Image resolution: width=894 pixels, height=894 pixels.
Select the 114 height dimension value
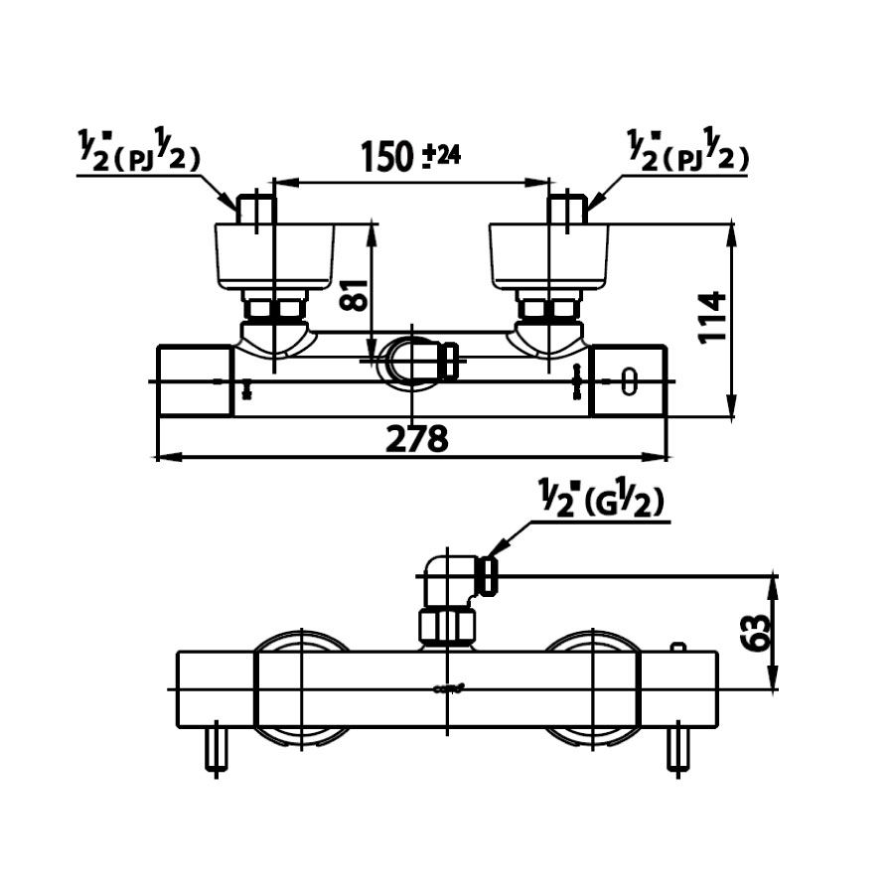pyautogui.click(x=713, y=317)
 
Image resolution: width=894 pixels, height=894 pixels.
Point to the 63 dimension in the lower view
pyautogui.click(x=757, y=631)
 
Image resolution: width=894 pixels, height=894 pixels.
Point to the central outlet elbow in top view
pyautogui.click(x=417, y=361)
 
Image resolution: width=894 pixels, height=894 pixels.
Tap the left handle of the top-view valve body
pyautogui.click(x=196, y=380)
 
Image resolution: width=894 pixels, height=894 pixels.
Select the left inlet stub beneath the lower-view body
pyautogui.click(x=216, y=750)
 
